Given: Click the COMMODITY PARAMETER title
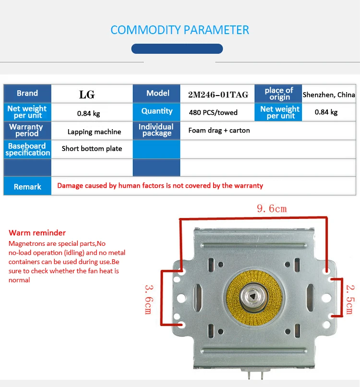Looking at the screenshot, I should [x=180, y=30].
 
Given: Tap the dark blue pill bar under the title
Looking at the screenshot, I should [x=177, y=48].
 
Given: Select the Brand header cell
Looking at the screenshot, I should [x=27, y=94].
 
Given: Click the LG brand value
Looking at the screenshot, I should [x=87, y=95].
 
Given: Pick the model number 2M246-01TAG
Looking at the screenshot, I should [x=218, y=95].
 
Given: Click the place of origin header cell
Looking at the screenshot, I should [x=279, y=94].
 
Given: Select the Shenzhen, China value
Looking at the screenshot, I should [x=329, y=95].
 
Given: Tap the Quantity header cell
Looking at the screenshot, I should [x=156, y=111].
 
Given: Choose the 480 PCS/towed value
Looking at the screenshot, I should [x=213, y=112].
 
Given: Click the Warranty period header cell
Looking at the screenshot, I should [x=26, y=130].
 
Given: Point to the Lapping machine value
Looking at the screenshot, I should [x=94, y=132].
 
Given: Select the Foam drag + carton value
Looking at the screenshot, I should [x=219, y=130].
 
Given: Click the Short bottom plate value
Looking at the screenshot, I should [x=92, y=148].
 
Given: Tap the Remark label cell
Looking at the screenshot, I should [x=27, y=186].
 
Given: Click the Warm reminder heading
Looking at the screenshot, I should [x=37, y=233].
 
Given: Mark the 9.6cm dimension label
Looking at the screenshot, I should [x=272, y=208].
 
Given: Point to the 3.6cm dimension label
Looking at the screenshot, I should [x=149, y=299].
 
